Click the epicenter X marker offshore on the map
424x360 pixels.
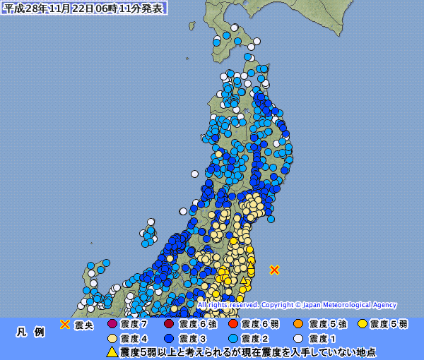tap(275, 270)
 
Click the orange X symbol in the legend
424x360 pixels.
tap(64, 325)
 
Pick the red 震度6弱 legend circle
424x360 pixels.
tap(232, 325)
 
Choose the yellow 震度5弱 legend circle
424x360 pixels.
tap(363, 325)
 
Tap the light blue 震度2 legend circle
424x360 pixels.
tap(232, 338)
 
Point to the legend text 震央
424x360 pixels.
tap(84, 325)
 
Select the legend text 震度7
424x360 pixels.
tap(134, 325)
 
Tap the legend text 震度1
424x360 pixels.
tap(322, 339)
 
